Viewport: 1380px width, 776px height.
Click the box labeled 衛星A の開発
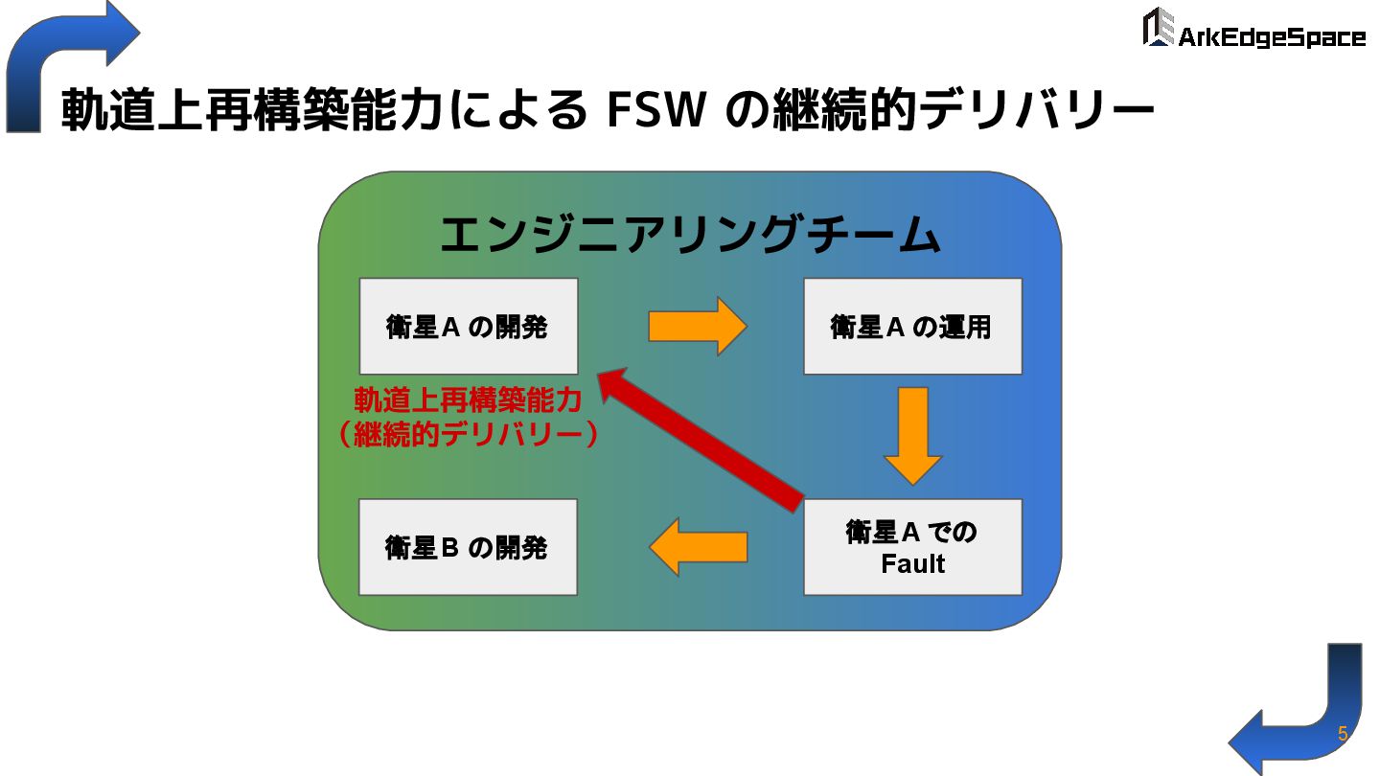coord(468,326)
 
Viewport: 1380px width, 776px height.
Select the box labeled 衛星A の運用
coord(912,326)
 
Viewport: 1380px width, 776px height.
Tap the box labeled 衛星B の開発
coord(468,547)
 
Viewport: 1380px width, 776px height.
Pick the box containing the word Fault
coord(912,547)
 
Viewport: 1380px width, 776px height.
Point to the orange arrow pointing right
coord(697,327)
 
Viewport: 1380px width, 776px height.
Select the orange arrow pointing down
coord(912,436)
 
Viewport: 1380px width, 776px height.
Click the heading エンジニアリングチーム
coord(688,236)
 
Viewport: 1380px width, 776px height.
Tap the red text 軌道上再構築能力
coord(468,400)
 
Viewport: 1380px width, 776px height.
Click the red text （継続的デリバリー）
coord(468,435)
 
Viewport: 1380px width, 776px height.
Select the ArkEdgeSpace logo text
coord(1271,37)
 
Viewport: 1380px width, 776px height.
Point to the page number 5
coord(1343,735)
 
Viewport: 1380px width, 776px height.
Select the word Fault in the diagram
coord(912,564)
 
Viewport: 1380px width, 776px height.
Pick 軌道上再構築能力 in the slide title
coord(253,111)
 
